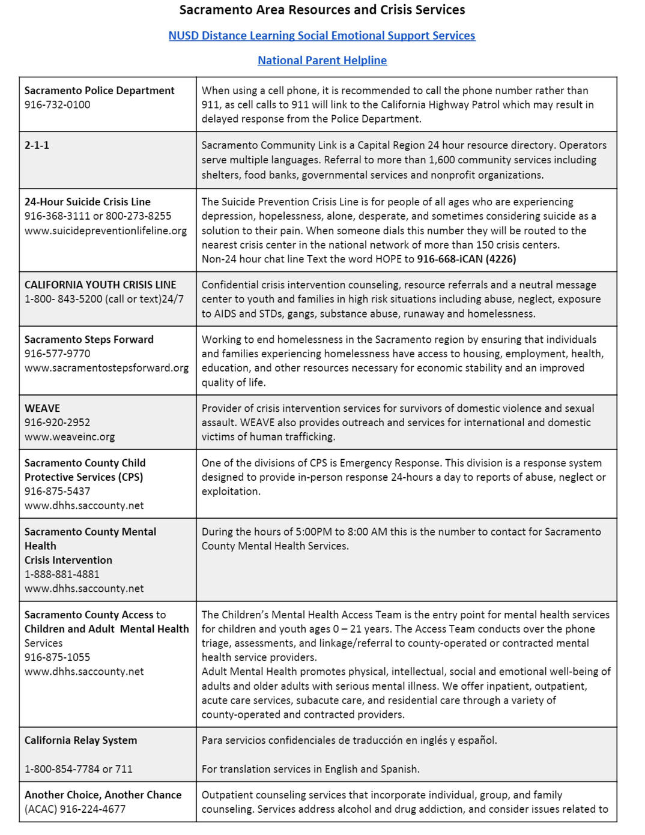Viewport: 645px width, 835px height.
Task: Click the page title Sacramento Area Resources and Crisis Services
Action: click(x=322, y=10)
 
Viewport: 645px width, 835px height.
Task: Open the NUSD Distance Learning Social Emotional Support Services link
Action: click(x=322, y=36)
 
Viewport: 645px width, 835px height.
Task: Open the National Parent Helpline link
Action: click(x=322, y=61)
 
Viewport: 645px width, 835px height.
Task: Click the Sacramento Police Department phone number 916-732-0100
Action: click(x=58, y=105)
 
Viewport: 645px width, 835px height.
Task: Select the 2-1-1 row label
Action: click(x=37, y=145)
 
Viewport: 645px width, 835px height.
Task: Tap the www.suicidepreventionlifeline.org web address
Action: click(x=106, y=231)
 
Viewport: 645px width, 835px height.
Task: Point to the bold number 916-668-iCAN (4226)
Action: click(x=467, y=259)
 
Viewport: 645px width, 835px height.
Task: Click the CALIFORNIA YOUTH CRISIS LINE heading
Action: click(x=100, y=285)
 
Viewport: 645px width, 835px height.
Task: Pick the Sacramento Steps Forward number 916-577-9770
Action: click(x=58, y=354)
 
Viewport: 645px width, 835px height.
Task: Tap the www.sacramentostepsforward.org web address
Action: click(x=106, y=368)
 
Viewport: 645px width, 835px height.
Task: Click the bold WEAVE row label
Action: click(x=42, y=408)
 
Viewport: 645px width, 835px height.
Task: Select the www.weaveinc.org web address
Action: click(x=70, y=437)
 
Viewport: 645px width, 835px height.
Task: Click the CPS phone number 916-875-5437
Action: click(x=58, y=492)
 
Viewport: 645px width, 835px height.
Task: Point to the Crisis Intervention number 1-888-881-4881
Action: click(x=62, y=574)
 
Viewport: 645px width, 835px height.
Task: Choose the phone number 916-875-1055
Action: click(x=58, y=657)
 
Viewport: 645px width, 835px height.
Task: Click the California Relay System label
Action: click(x=80, y=741)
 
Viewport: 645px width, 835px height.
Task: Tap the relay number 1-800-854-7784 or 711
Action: click(x=79, y=769)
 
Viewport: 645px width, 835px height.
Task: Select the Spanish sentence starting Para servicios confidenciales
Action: click(x=350, y=741)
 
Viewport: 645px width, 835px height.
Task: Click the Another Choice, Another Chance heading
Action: click(x=103, y=795)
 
